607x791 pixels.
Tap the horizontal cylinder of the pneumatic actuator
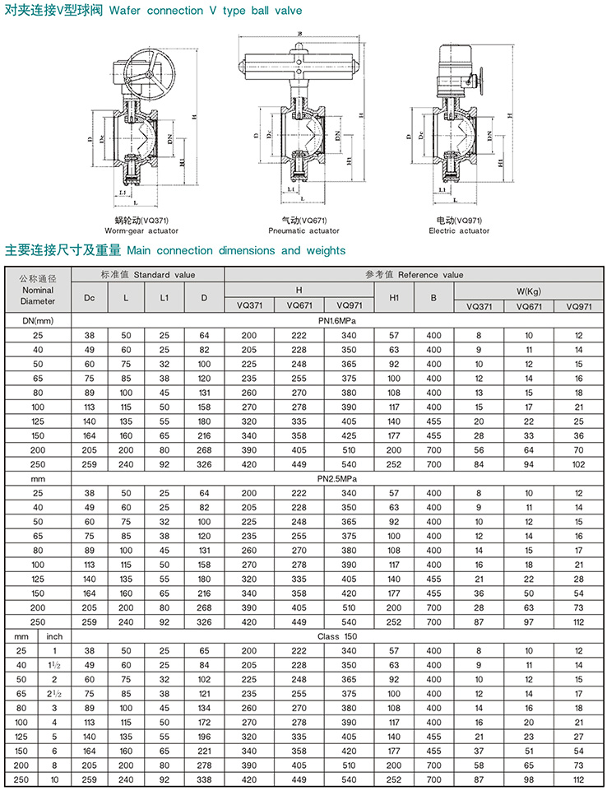299,70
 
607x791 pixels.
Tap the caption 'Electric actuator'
459,231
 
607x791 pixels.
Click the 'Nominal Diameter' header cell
37,291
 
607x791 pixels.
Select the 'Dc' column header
90,296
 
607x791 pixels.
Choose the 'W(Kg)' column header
529,291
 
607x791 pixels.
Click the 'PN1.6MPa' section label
337,320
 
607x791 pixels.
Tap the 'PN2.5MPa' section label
337,477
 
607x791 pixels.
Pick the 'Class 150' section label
337,636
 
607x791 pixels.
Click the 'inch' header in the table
54,636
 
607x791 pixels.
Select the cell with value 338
204,779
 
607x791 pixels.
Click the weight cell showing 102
578,463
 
